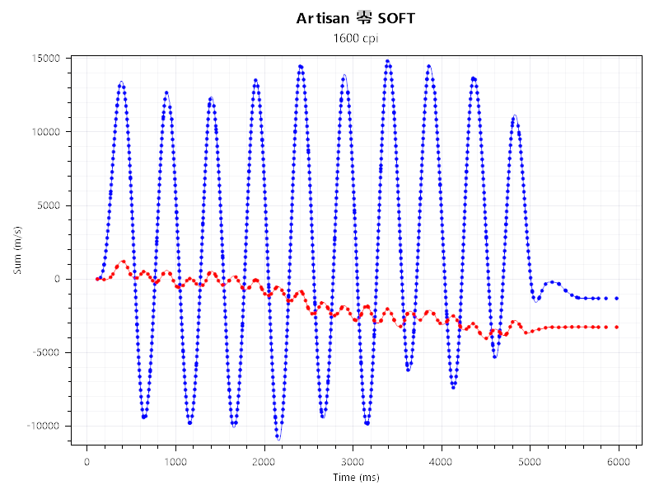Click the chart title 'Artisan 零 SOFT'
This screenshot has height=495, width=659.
356,18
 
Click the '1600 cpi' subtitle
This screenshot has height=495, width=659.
356,38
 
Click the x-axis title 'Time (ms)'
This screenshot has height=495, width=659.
356,478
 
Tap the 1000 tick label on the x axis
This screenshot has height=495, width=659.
175,462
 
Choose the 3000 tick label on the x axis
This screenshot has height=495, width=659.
353,462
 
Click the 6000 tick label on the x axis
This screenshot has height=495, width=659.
619,462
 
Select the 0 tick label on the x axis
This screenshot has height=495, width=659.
86,462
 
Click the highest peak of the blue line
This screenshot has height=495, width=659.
387,60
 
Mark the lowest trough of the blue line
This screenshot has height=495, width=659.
278,438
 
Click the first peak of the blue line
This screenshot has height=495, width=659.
121,82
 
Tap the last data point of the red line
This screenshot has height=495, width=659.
616,328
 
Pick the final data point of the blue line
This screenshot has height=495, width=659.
616,298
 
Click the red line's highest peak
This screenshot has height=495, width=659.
124,262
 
